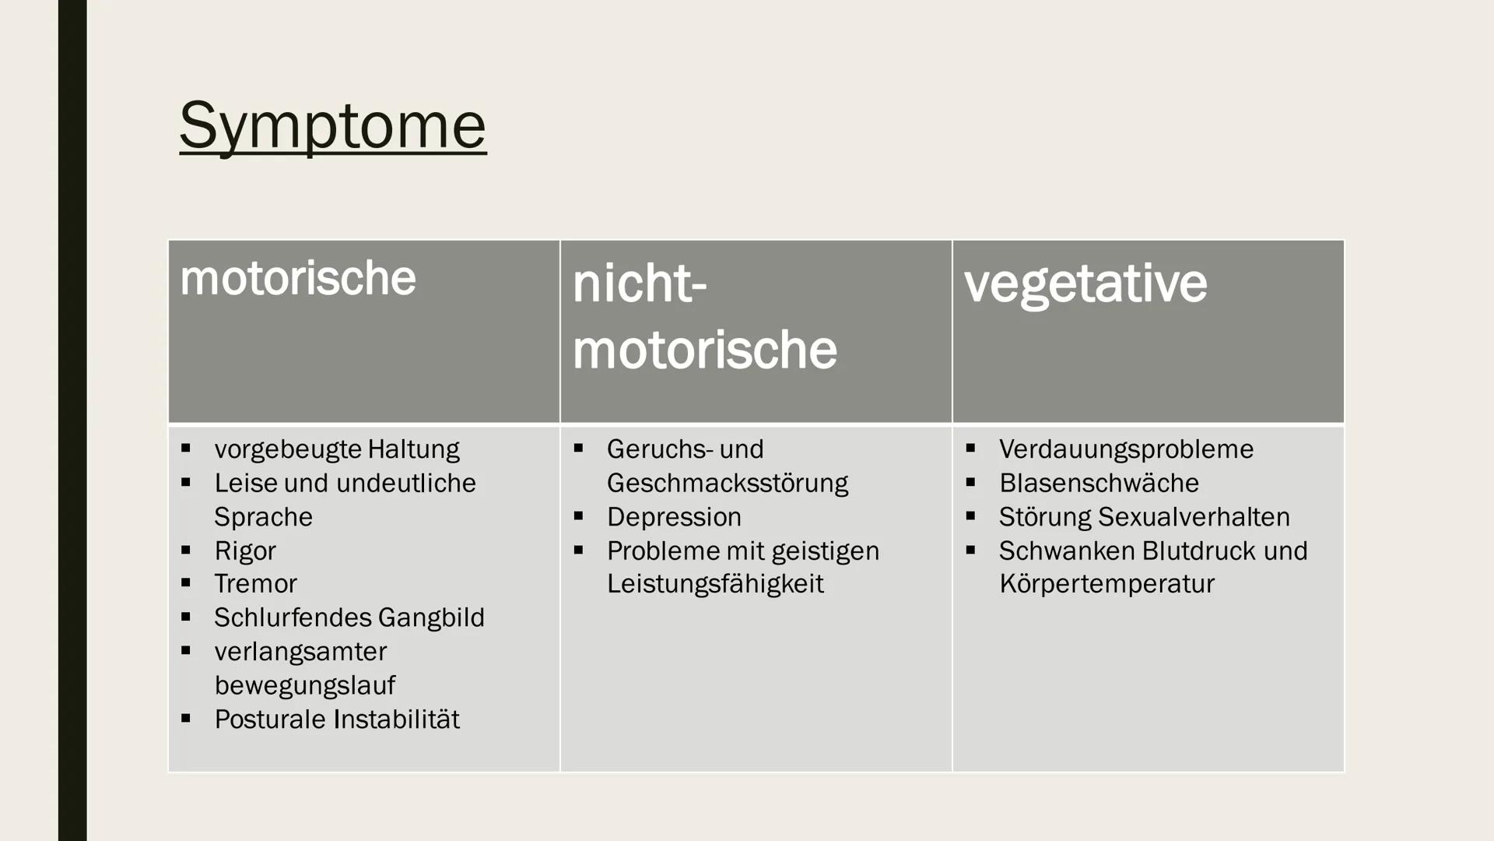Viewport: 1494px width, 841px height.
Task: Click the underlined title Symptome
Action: pos(332,125)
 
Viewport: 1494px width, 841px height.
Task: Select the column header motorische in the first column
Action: pos(297,278)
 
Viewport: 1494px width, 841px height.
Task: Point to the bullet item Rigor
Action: pos(244,551)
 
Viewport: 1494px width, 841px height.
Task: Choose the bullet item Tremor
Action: pos(255,583)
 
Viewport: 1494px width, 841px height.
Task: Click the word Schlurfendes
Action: pos(282,618)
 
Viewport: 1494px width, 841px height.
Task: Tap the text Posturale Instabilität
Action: pos(336,719)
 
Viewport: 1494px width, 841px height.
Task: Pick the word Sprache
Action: pos(263,517)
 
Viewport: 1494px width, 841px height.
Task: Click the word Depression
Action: pos(674,517)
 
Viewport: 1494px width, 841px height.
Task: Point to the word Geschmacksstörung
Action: pos(727,483)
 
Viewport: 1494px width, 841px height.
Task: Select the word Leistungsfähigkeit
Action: pos(714,584)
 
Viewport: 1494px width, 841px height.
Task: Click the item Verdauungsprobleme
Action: pos(1126,449)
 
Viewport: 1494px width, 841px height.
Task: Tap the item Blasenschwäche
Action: pos(1099,483)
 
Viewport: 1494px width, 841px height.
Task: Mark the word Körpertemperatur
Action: pos(1106,584)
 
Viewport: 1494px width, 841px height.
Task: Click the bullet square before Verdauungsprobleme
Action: pos(970,448)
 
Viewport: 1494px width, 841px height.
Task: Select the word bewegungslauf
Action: pos(304,685)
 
